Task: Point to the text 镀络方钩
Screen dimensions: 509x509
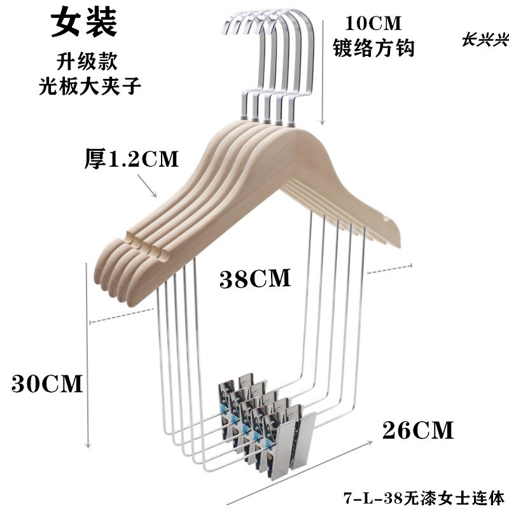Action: click(374, 48)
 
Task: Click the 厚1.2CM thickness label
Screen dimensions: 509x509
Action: click(132, 159)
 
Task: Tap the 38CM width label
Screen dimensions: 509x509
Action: click(255, 278)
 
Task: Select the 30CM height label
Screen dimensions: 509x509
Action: click(48, 384)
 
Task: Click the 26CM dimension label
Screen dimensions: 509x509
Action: click(418, 430)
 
